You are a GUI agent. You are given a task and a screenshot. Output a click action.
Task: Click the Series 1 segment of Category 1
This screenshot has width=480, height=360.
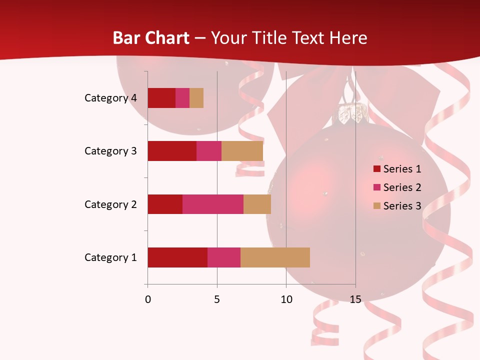177,257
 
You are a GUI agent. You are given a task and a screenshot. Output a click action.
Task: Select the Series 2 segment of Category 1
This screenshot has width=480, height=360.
224,257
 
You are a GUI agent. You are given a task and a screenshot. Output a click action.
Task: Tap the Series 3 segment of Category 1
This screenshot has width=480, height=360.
275,257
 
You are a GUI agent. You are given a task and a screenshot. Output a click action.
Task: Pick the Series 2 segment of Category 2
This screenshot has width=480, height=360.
213,204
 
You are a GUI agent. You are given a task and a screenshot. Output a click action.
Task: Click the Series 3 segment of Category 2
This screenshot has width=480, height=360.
257,204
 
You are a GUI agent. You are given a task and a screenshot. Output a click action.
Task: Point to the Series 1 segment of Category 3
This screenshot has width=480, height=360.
172,151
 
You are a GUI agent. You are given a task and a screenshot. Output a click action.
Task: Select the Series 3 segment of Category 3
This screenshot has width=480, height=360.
242,151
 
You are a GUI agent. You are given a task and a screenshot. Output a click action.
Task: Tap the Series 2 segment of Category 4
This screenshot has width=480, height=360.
182,98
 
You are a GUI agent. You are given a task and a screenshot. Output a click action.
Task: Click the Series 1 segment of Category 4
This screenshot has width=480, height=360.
161,98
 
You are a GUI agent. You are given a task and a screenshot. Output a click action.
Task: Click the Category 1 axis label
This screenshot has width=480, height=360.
110,257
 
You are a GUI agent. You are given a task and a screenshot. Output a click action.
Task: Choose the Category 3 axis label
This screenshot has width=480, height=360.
110,151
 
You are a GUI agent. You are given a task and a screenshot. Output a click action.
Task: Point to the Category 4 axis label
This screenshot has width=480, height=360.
110,98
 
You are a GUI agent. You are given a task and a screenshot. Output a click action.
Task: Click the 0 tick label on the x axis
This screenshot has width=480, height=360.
148,299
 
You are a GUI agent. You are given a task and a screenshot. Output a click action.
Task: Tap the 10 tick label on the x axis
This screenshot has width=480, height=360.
286,299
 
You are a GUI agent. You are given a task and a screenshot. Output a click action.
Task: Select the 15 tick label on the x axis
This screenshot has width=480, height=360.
355,299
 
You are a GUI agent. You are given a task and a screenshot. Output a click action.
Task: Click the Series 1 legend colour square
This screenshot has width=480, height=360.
377,169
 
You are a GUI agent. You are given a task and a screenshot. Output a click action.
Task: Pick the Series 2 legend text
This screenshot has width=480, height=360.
402,187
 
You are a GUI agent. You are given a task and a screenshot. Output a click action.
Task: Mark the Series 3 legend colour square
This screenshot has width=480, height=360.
377,206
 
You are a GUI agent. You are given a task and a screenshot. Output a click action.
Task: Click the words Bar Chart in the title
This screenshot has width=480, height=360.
151,38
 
